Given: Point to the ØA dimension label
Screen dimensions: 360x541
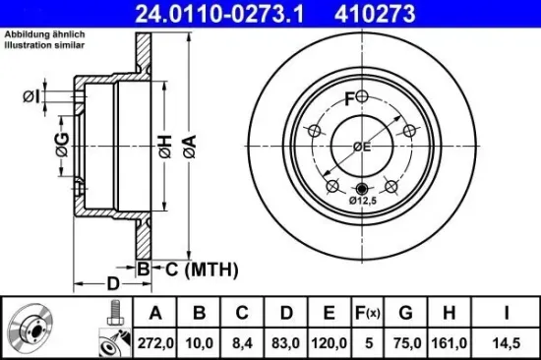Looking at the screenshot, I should coord(190,148).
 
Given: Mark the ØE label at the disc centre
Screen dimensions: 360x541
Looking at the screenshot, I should coord(362,148).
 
